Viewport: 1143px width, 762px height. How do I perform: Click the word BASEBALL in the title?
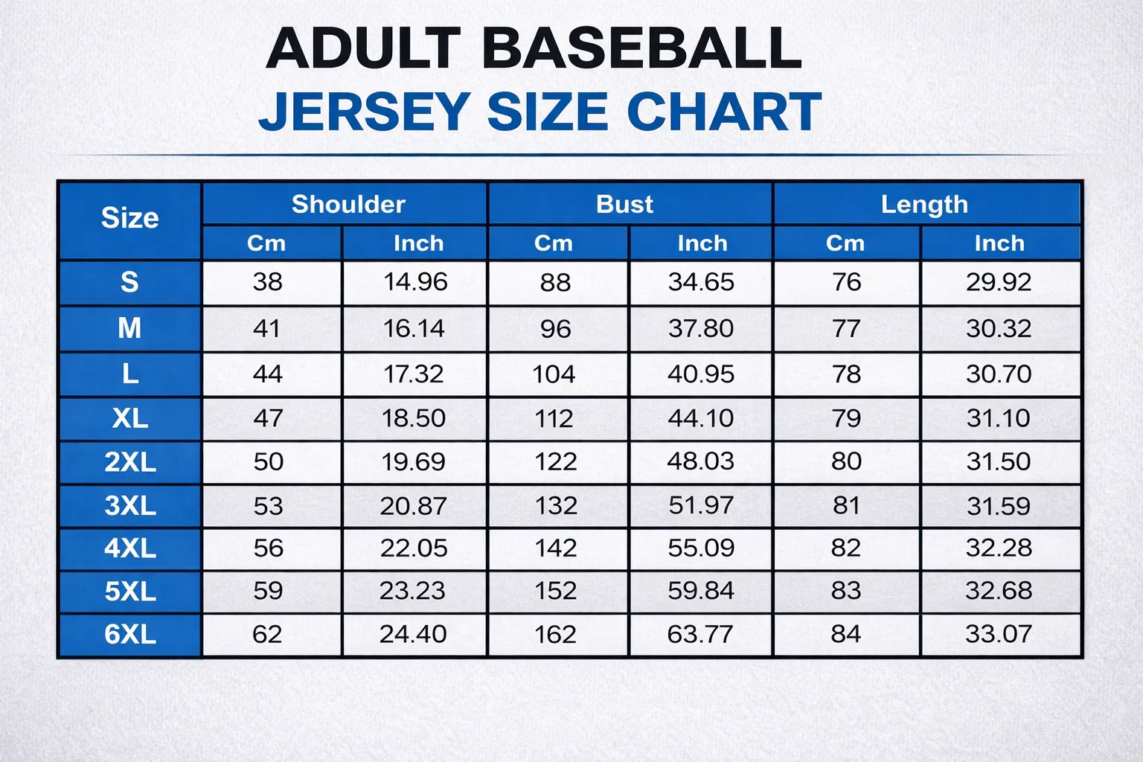coord(641,48)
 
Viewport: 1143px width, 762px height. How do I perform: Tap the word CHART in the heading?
coord(723,112)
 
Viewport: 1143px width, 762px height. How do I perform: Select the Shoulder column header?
coord(348,204)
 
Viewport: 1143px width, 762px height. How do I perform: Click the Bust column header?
coord(624,204)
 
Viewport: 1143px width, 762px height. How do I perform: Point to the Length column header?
coord(924,204)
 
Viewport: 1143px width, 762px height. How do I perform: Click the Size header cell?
coord(129,218)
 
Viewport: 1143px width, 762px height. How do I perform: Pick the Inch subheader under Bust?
coord(702,243)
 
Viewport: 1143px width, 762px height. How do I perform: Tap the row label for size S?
coord(129,282)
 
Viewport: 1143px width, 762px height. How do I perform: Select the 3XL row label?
coord(130,506)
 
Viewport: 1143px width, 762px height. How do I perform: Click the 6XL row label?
coord(130,634)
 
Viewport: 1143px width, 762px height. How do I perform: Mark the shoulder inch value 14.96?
coord(415,282)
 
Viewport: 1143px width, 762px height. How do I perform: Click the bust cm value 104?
coord(554,374)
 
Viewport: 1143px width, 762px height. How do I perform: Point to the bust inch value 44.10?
coord(700,418)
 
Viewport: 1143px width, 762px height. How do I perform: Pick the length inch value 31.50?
coord(998,461)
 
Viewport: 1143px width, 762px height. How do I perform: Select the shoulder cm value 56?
coord(268,548)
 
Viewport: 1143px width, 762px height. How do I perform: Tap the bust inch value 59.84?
coord(700,591)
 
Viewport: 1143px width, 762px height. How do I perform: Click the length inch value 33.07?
coord(998,634)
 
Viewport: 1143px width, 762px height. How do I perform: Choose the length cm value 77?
coord(846,328)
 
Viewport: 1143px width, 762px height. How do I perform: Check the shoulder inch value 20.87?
coord(413,506)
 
